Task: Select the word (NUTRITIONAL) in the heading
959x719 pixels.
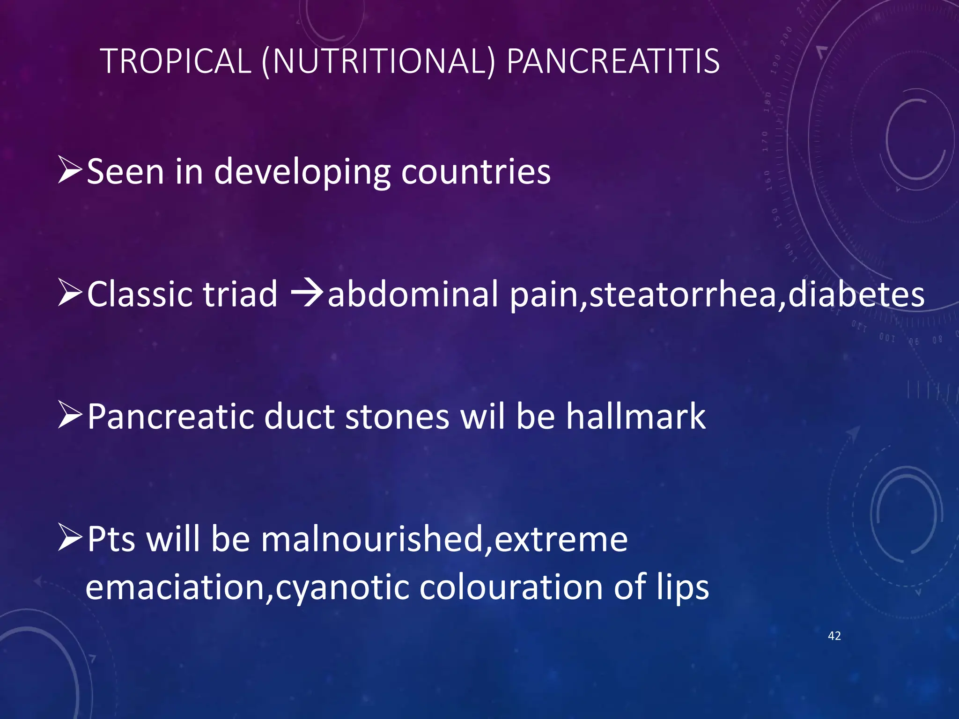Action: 378,61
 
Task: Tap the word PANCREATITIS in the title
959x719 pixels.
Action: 613,61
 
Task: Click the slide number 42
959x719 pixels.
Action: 834,636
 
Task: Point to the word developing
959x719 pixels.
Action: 302,172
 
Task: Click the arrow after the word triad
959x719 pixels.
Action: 307,294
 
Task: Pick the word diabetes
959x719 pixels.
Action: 856,294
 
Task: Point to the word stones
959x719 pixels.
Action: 397,416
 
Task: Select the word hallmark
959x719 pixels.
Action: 635,416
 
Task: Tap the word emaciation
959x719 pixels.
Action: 176,587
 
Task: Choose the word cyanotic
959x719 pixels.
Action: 342,588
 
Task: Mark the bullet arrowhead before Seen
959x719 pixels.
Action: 70,171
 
